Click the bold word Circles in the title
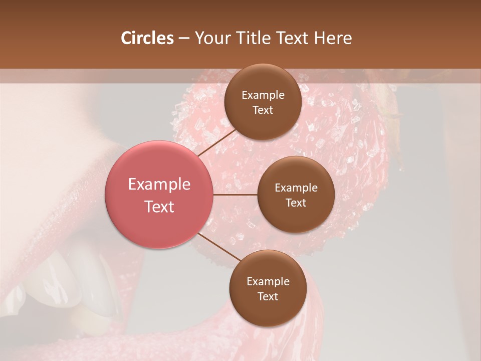pos(147,38)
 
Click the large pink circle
pos(159,195)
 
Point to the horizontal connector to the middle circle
pos(235,194)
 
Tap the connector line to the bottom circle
pos(218,247)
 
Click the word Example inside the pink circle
pos(159,185)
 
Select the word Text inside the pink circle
pos(159,207)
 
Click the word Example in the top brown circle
pos(263,95)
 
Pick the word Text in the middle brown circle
pos(296,203)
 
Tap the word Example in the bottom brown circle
pos(268,281)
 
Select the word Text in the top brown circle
pos(263,110)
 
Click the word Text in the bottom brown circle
pos(268,296)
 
